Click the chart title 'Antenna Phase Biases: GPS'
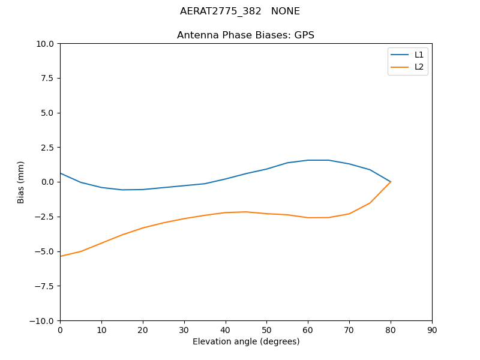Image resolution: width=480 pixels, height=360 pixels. [245, 35]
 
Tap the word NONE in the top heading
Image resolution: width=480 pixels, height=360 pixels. [286, 11]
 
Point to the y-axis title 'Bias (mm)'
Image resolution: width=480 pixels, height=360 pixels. [21, 182]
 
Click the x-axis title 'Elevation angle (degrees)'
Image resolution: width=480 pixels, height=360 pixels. [246, 342]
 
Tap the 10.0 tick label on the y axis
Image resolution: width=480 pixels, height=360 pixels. [45, 44]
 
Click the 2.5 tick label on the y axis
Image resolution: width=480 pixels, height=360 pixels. [47, 148]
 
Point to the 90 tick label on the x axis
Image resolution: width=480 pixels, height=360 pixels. [432, 330]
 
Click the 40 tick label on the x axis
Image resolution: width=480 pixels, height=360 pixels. [225, 330]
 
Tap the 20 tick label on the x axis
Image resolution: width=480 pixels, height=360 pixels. [143, 330]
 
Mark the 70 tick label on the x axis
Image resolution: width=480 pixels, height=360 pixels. [349, 330]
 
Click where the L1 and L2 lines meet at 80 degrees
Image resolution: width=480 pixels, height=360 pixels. [391, 182]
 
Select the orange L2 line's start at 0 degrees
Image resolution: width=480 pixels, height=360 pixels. [61, 256]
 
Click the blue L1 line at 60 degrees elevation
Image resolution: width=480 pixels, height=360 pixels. [308, 160]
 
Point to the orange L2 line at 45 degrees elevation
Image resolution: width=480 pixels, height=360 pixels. [246, 212]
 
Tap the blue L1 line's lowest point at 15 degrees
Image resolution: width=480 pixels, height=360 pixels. [122, 190]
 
